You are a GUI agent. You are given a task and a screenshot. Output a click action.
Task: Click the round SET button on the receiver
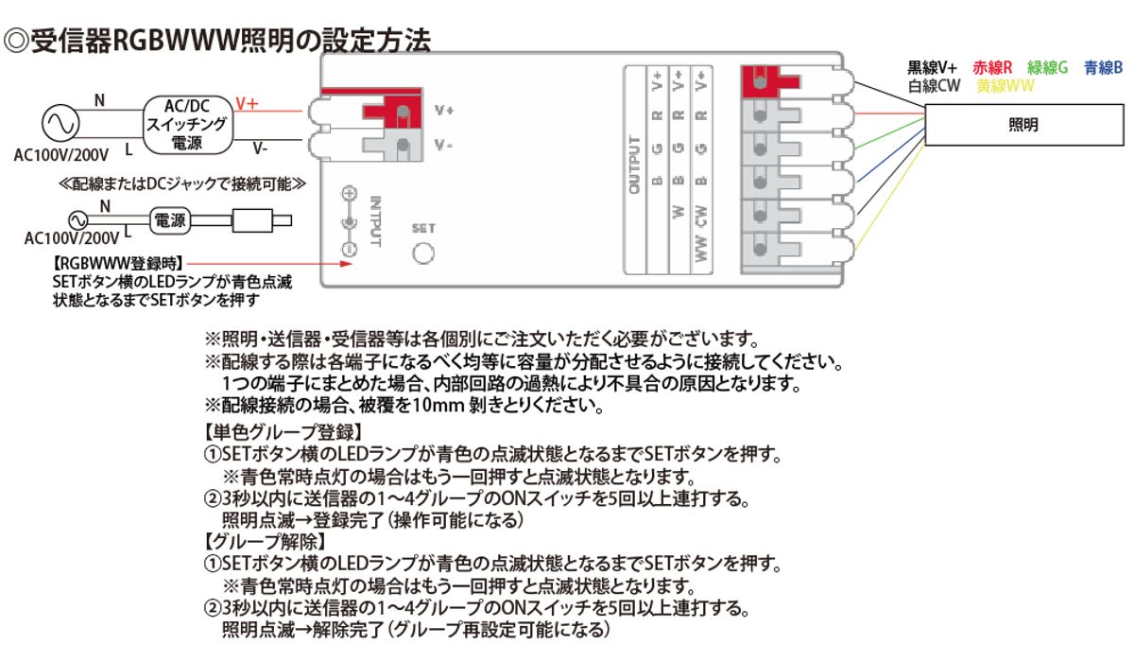(x=424, y=252)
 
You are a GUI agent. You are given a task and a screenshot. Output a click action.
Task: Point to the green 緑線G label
(x=1047, y=68)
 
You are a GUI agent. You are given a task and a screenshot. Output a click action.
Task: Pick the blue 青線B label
(x=1103, y=68)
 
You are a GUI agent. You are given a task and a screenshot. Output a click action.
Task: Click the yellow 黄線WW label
(x=1005, y=86)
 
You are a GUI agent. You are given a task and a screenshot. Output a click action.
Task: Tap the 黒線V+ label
(x=933, y=68)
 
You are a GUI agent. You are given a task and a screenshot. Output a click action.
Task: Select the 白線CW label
(x=934, y=86)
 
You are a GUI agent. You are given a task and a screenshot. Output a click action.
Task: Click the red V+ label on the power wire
(x=247, y=103)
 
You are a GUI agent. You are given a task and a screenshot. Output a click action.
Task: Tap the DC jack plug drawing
(x=256, y=223)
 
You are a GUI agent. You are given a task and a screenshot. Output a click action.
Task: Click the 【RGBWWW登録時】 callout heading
(x=118, y=263)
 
